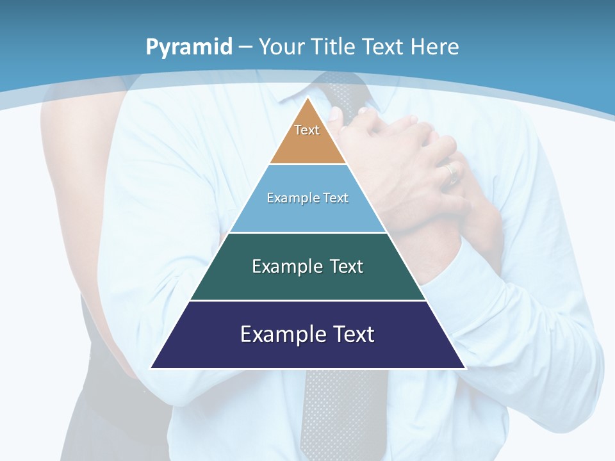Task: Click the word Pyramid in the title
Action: click(188, 47)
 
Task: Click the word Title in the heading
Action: click(334, 47)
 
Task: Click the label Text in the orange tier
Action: click(307, 130)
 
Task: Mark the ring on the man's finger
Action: click(452, 171)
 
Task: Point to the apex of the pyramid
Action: click(308, 98)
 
